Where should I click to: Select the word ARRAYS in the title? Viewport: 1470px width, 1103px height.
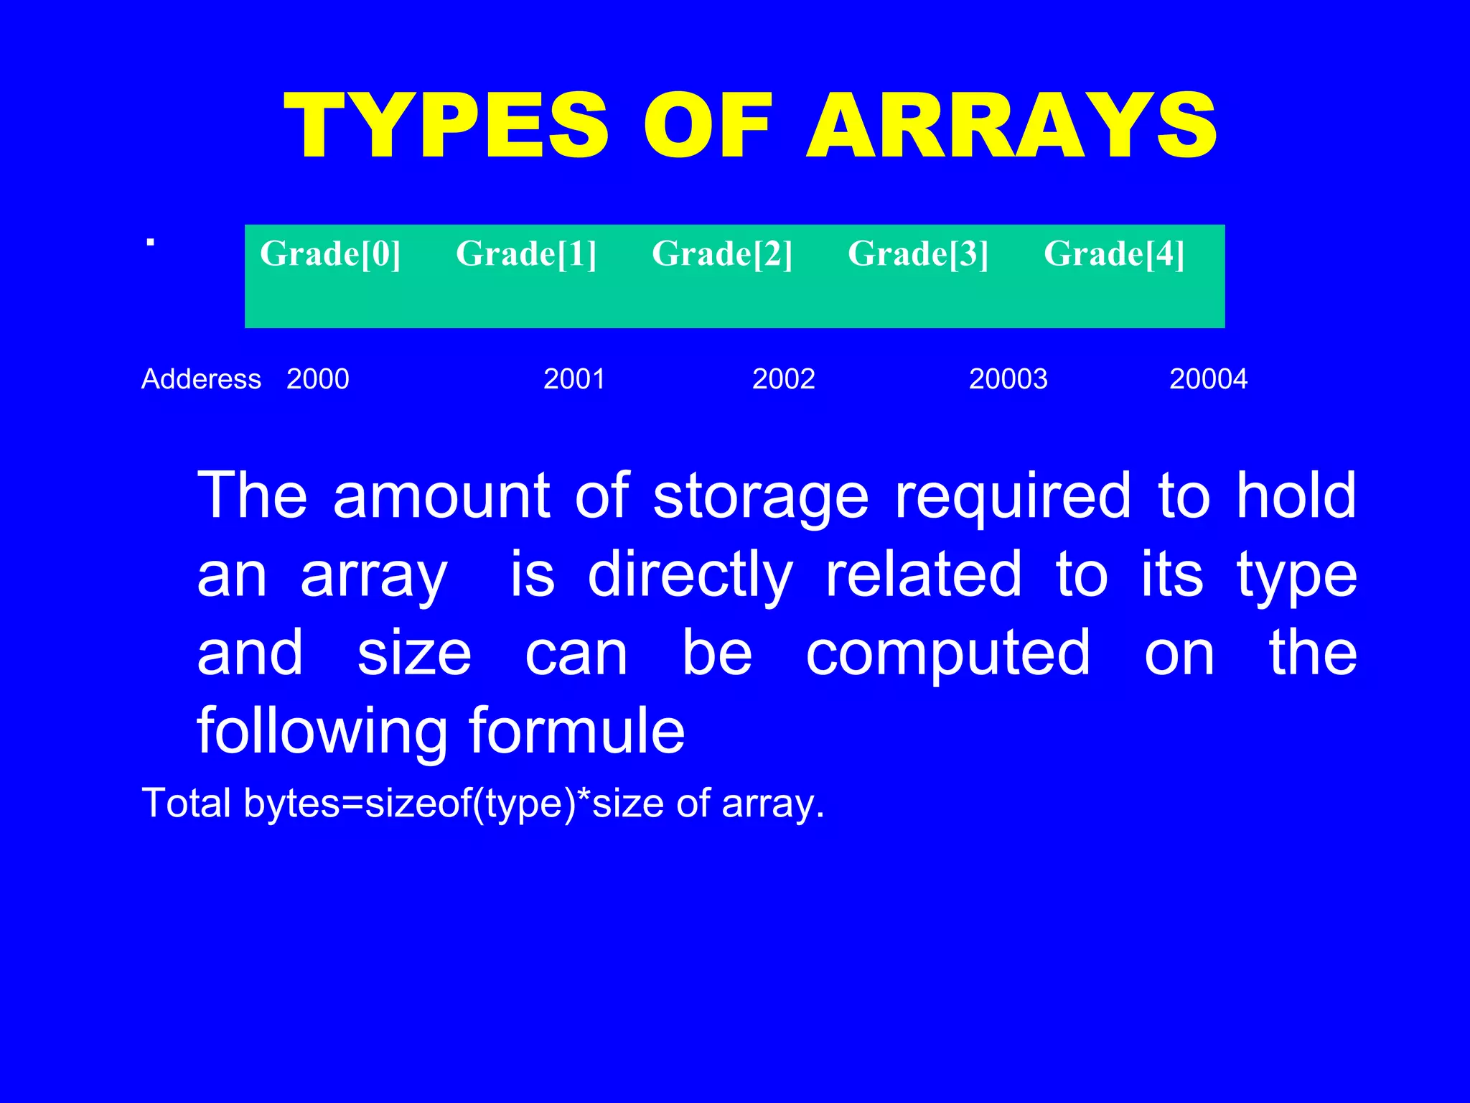1012,126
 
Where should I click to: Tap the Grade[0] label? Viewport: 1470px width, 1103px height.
330,253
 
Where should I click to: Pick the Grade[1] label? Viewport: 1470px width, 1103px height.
526,253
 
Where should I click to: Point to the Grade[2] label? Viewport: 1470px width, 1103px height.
722,253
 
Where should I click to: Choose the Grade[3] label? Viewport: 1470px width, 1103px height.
918,253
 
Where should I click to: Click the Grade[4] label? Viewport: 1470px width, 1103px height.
1114,253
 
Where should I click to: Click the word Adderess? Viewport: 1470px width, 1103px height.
201,378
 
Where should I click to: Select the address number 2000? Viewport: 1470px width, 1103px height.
317,378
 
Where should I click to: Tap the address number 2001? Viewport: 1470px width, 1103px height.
574,378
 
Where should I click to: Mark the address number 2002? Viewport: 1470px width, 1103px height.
783,378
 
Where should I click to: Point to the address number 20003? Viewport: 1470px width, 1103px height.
1008,378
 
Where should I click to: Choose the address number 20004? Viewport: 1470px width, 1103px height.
1208,378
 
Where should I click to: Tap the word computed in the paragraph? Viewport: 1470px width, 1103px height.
947,653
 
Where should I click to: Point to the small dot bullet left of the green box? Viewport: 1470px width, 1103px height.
150,243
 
